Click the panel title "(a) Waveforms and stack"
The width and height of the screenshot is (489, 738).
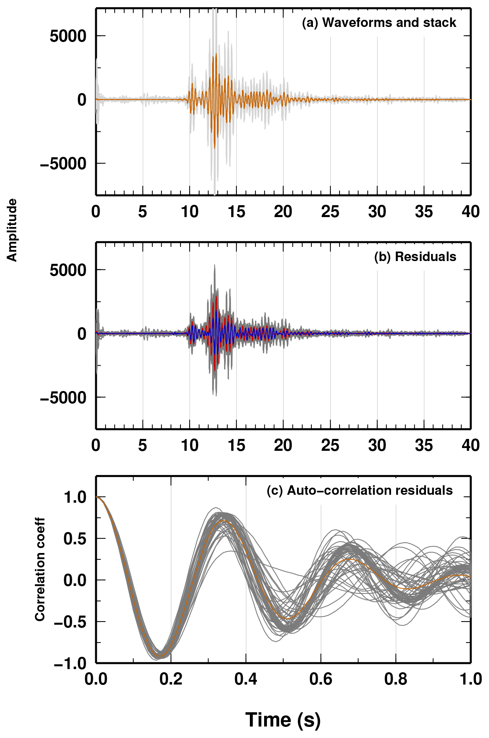(x=379, y=23)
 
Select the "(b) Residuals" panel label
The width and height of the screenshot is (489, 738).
(x=415, y=257)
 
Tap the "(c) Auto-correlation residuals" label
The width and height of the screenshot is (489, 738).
(x=359, y=490)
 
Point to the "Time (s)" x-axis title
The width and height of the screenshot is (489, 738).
(x=283, y=719)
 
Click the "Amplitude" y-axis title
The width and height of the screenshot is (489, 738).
(x=12, y=230)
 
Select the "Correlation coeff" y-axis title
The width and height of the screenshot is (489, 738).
(x=40, y=569)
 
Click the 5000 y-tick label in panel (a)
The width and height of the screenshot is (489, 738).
(x=68, y=36)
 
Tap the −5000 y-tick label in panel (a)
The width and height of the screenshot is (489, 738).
(x=63, y=163)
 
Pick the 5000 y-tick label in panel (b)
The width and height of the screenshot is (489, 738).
(x=68, y=270)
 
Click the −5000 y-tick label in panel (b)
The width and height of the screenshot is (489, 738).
(x=63, y=397)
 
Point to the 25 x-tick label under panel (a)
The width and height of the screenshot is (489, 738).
(x=330, y=212)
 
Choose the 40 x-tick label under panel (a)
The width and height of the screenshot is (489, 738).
(x=470, y=212)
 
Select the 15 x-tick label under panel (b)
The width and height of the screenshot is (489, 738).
(x=236, y=446)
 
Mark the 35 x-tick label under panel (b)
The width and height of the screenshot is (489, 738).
(x=424, y=446)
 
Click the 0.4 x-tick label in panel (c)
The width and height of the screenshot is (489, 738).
(x=245, y=679)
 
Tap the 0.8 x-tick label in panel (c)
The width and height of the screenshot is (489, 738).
(x=395, y=679)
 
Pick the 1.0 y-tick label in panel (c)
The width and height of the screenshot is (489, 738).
(x=75, y=497)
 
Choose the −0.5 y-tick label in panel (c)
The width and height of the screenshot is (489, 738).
(x=70, y=622)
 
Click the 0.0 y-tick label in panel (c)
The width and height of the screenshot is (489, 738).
(x=75, y=580)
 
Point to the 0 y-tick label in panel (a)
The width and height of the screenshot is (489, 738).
(x=82, y=100)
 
